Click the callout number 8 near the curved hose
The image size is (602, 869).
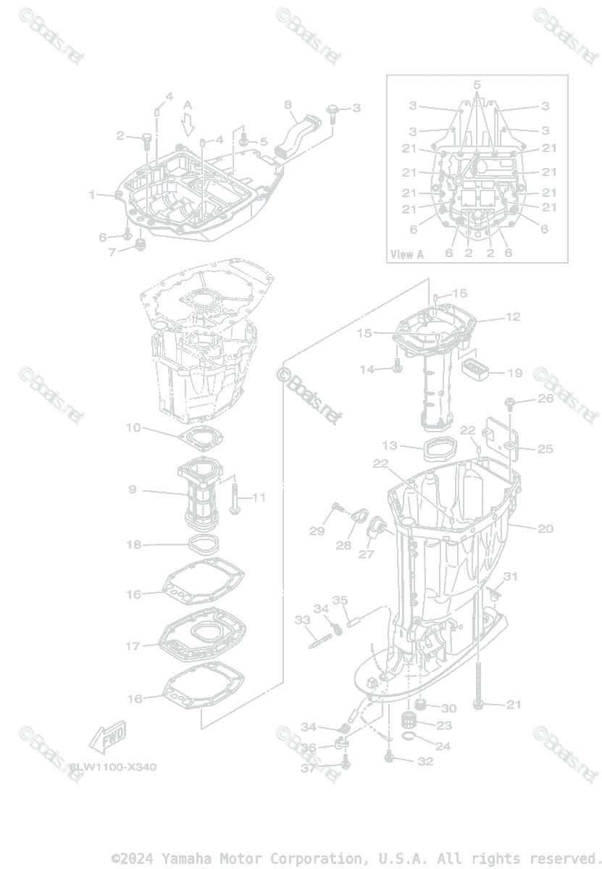[288, 105]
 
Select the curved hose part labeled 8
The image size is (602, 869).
[296, 135]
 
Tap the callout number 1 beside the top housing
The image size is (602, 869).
[92, 195]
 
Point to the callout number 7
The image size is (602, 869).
[112, 253]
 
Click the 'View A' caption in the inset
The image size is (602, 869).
[406, 254]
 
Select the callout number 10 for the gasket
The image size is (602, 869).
[133, 428]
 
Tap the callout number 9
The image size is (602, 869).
[133, 490]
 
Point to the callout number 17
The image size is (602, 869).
[133, 646]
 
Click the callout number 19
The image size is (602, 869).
[514, 374]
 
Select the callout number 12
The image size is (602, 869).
[513, 316]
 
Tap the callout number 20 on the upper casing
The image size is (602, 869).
[545, 529]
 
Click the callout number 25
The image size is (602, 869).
[545, 449]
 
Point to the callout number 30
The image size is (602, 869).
[448, 708]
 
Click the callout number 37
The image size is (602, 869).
[309, 768]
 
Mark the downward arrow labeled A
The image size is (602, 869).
[188, 125]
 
